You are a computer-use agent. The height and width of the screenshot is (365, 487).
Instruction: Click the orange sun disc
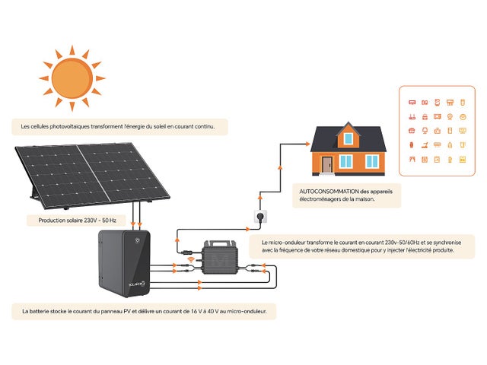coord(72,76)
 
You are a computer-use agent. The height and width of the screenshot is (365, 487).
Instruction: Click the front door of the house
coord(327,163)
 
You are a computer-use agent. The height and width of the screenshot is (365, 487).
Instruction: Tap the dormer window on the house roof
coord(349,138)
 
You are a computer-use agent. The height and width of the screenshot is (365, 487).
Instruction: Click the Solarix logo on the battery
coord(138,284)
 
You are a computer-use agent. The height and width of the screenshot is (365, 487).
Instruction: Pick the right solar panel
coord(122,170)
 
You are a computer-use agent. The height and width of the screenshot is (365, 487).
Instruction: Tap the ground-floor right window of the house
coord(372,161)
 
